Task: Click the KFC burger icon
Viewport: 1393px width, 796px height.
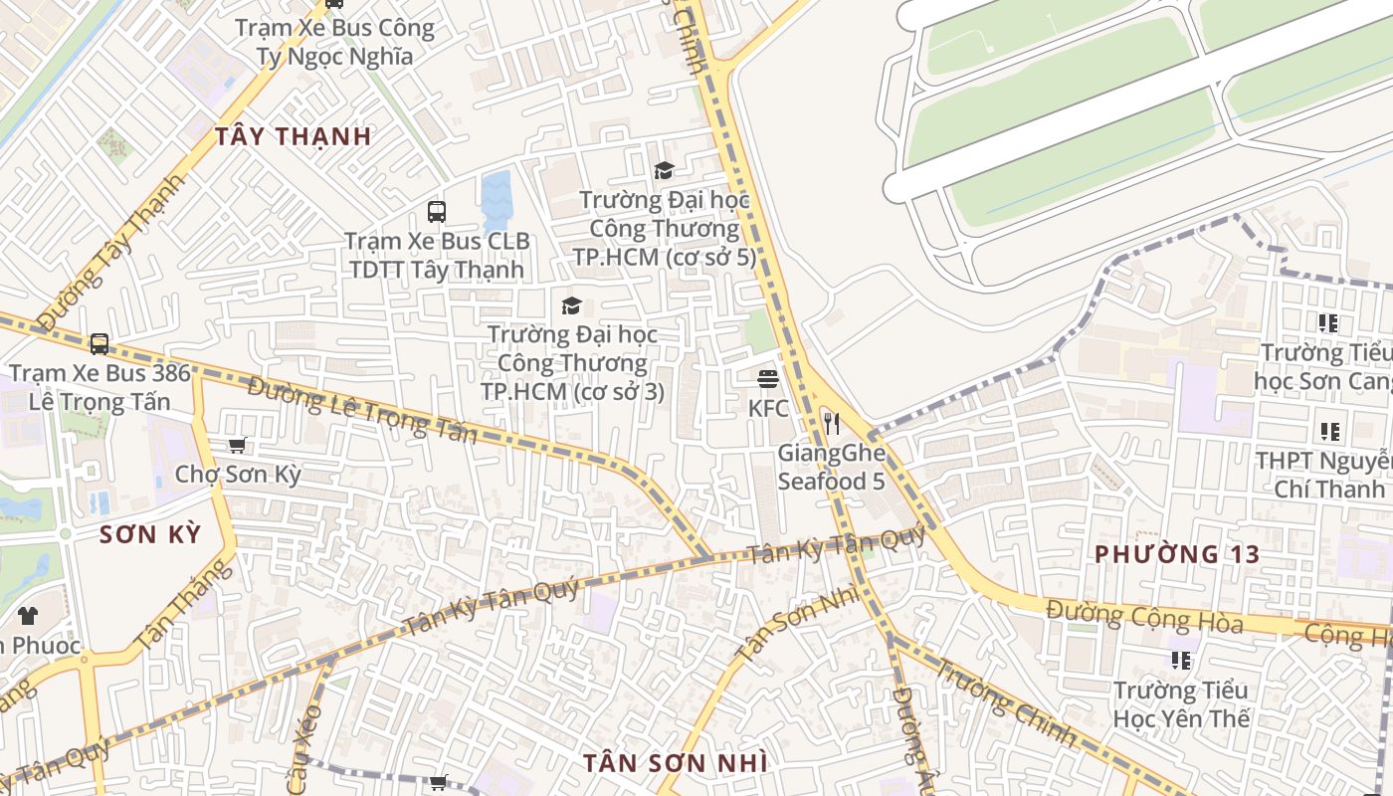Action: pyautogui.click(x=767, y=378)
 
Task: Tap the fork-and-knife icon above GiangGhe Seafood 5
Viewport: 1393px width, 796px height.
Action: pyautogui.click(x=832, y=424)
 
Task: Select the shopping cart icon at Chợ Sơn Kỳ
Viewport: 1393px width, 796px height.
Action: pyautogui.click(x=237, y=445)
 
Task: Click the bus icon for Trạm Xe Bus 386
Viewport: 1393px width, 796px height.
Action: pyautogui.click(x=99, y=344)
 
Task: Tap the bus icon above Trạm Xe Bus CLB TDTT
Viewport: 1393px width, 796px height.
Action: pyautogui.click(x=437, y=211)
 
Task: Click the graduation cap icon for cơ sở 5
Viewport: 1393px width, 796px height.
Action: pyautogui.click(x=664, y=171)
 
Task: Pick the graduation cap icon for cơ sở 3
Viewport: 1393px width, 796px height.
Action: pyautogui.click(x=571, y=305)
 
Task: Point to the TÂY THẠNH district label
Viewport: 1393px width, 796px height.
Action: pyautogui.click(x=294, y=136)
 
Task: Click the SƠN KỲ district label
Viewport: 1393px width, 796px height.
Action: pyautogui.click(x=150, y=534)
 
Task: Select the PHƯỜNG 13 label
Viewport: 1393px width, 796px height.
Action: pyautogui.click(x=1177, y=554)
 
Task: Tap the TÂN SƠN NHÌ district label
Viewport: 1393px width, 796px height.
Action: pyautogui.click(x=675, y=763)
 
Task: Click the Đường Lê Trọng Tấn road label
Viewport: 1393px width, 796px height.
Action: pyautogui.click(x=364, y=410)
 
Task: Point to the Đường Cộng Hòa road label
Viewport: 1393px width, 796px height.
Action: pyautogui.click(x=1144, y=616)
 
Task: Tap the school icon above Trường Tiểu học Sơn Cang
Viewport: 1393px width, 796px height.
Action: pyautogui.click(x=1327, y=323)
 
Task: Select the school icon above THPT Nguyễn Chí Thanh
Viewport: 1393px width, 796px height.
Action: pyautogui.click(x=1329, y=432)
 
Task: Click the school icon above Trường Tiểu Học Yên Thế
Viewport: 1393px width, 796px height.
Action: pyautogui.click(x=1181, y=661)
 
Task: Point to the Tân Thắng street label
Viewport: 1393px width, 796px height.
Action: pyautogui.click(x=185, y=604)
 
